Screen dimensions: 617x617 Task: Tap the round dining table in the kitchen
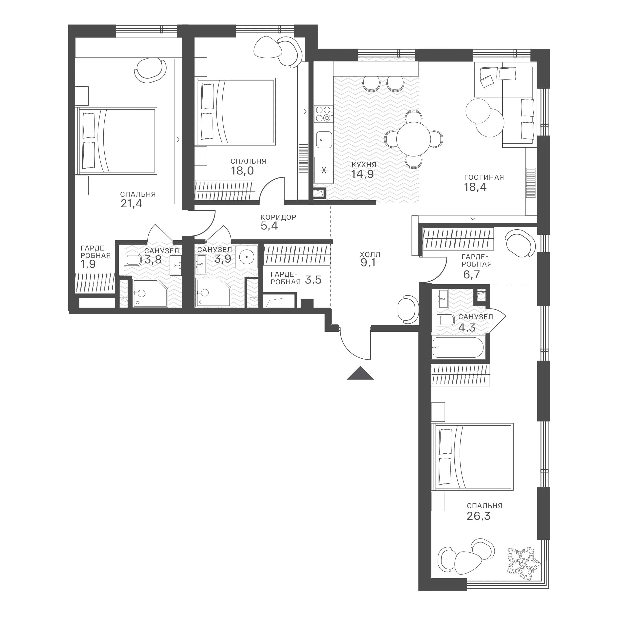coord(414,139)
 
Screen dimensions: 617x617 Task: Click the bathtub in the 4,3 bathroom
coord(458,347)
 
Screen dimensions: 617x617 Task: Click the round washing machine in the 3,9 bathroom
coord(247,256)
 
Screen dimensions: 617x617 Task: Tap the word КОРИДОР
coord(278,217)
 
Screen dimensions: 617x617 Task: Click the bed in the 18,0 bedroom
coord(236,112)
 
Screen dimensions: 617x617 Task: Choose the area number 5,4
coord(269,226)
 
